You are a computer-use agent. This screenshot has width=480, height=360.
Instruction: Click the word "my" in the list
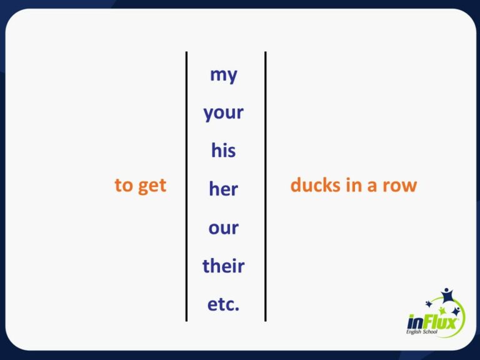tap(223, 75)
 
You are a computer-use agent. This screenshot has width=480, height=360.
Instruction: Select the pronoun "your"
tap(223, 114)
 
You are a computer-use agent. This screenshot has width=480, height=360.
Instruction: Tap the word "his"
tap(223, 151)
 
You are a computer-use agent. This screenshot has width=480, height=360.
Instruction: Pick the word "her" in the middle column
tap(223, 189)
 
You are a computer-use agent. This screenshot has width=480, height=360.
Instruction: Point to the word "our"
tap(223, 227)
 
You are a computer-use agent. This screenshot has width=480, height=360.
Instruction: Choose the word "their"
tap(223, 266)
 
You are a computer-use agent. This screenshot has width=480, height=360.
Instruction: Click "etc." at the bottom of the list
tap(223, 305)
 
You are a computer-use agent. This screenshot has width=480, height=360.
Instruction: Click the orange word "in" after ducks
tap(353, 186)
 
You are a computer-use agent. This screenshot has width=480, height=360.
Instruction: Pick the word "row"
tap(400, 186)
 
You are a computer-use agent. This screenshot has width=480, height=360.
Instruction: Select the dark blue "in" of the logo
tap(416, 323)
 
